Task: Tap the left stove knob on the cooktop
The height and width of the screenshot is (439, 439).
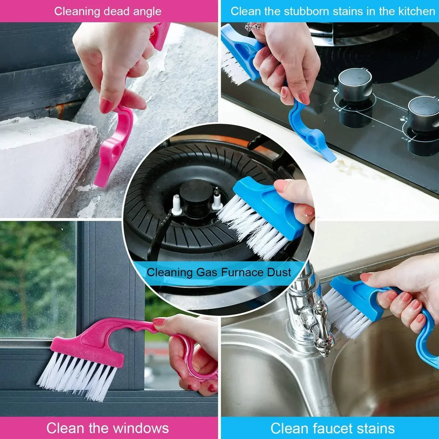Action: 355,85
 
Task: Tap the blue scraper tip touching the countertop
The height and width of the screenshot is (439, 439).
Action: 328,156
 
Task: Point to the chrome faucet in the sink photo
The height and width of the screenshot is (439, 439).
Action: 307,309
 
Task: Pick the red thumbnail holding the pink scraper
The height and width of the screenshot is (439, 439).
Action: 106,105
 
